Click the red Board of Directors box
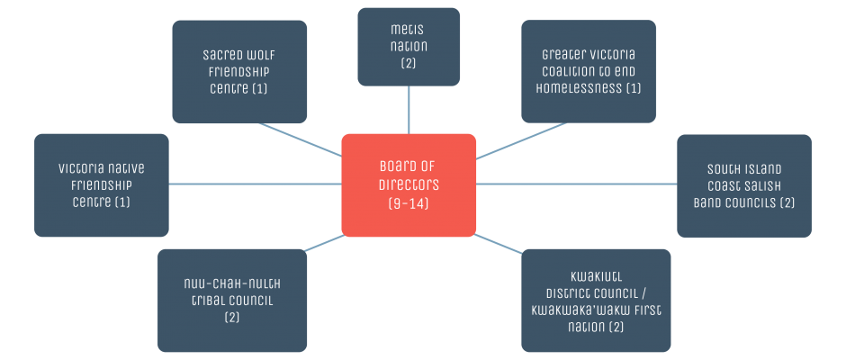tap(409, 184)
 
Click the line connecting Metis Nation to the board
tap(409, 110)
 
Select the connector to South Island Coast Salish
tap(576, 184)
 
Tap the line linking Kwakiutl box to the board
tap(499, 243)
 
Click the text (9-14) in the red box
tap(409, 204)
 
